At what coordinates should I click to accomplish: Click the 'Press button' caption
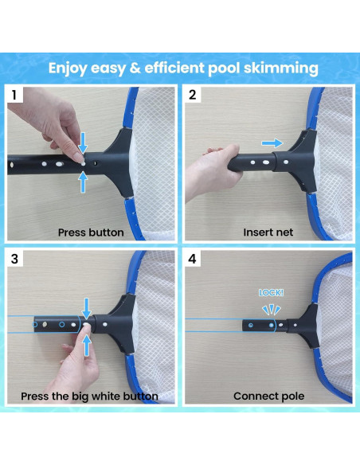(x=90, y=232)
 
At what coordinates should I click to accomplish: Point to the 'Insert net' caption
(x=268, y=232)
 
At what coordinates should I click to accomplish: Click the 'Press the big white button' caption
(x=91, y=396)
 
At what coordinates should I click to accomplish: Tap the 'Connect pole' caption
(x=268, y=396)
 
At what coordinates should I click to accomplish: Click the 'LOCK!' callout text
(x=271, y=293)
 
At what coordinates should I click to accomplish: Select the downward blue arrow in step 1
(x=84, y=142)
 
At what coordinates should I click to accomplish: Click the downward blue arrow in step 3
(x=87, y=306)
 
